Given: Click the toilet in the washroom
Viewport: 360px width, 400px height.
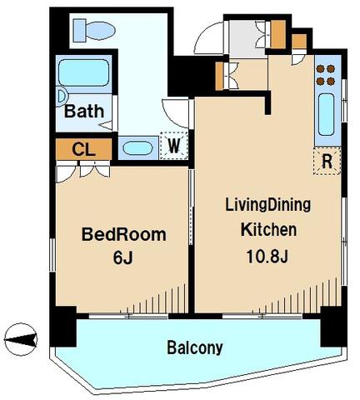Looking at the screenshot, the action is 94,30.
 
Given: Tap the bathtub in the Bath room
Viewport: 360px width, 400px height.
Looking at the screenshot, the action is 83,72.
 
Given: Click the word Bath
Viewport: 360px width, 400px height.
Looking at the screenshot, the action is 84,112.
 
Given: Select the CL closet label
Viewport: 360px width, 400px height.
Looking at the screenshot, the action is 83,149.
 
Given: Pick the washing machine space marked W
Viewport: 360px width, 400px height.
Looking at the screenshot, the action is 174,146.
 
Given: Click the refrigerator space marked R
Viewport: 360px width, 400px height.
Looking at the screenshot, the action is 327,161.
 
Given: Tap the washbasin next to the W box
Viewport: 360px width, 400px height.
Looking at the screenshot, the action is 137,148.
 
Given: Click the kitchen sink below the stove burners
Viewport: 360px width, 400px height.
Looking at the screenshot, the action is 326,114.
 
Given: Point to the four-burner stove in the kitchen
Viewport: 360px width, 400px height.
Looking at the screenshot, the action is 326,75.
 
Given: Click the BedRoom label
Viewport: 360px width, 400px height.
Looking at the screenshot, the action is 123,235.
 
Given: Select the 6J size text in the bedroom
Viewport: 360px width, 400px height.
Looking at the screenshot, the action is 123,258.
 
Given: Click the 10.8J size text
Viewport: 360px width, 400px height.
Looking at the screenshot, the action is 267,257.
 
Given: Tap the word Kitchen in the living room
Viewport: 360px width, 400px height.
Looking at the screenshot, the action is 268,230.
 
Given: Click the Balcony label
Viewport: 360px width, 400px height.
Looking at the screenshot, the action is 195,347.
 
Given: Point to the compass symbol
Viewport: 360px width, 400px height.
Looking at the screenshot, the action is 21,339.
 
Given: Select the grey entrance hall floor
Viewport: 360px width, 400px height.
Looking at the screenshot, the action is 246,39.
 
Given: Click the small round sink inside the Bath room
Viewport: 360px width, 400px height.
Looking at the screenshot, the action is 62,97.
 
